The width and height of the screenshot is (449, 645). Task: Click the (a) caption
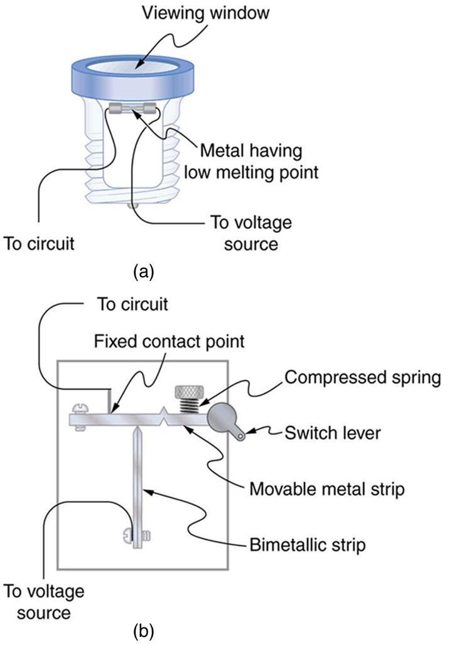(x=143, y=272)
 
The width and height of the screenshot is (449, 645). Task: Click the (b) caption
(x=143, y=629)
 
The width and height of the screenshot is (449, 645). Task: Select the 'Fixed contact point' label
(x=170, y=342)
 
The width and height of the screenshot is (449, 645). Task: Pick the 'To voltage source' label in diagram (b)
(x=43, y=601)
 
